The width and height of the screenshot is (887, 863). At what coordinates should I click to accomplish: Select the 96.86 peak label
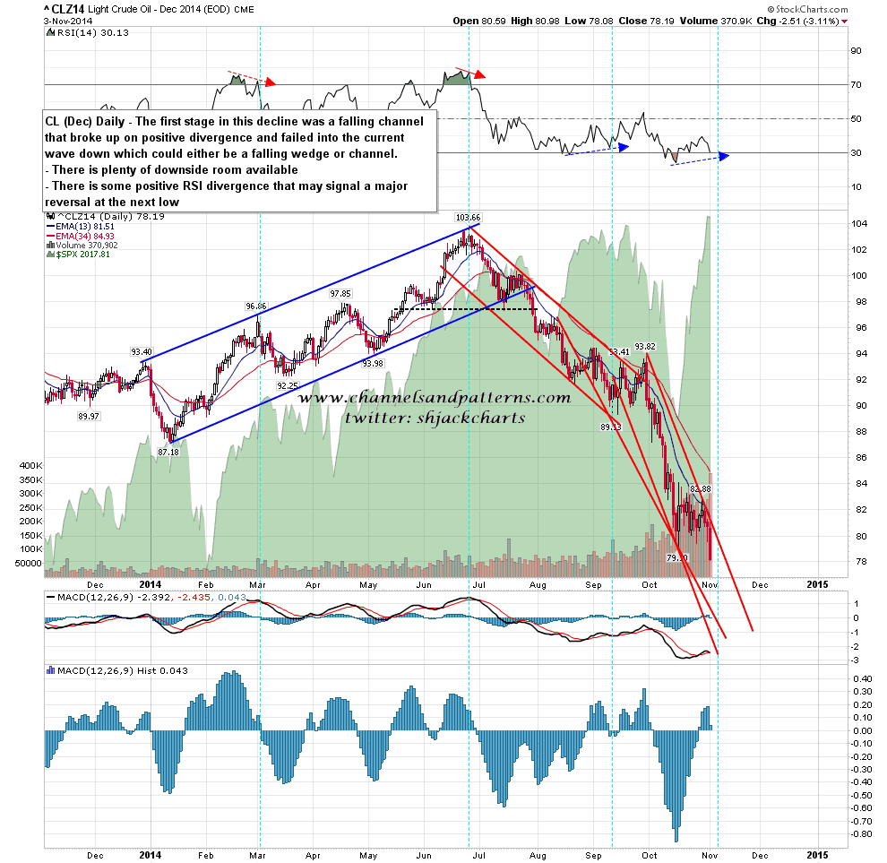(x=257, y=306)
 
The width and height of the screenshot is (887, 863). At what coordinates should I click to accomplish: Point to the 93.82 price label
(x=646, y=346)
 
